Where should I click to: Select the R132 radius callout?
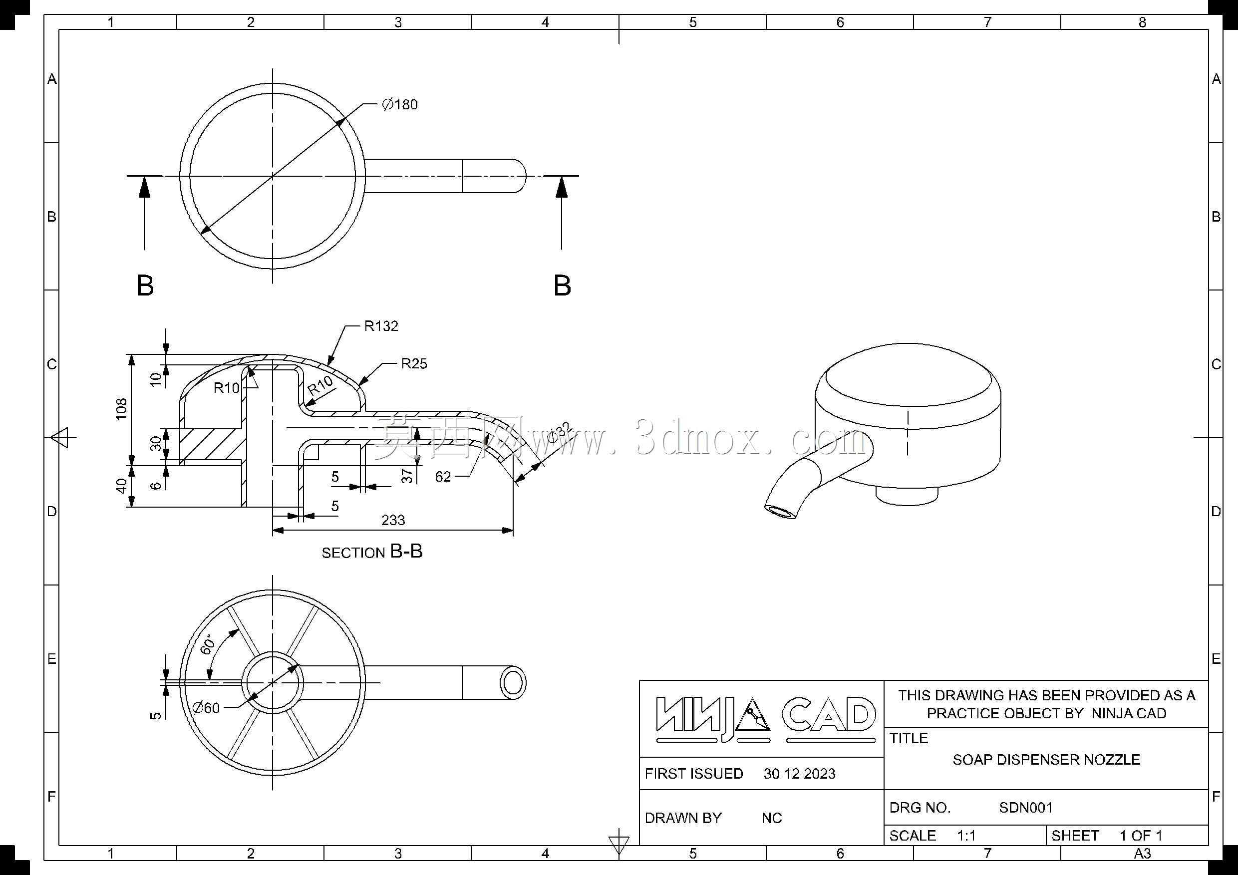point(381,325)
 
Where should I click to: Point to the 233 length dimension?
point(393,520)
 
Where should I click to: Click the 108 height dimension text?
point(122,409)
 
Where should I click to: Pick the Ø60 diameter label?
point(207,707)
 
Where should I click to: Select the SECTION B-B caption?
point(372,552)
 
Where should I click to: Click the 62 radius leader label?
point(443,477)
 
